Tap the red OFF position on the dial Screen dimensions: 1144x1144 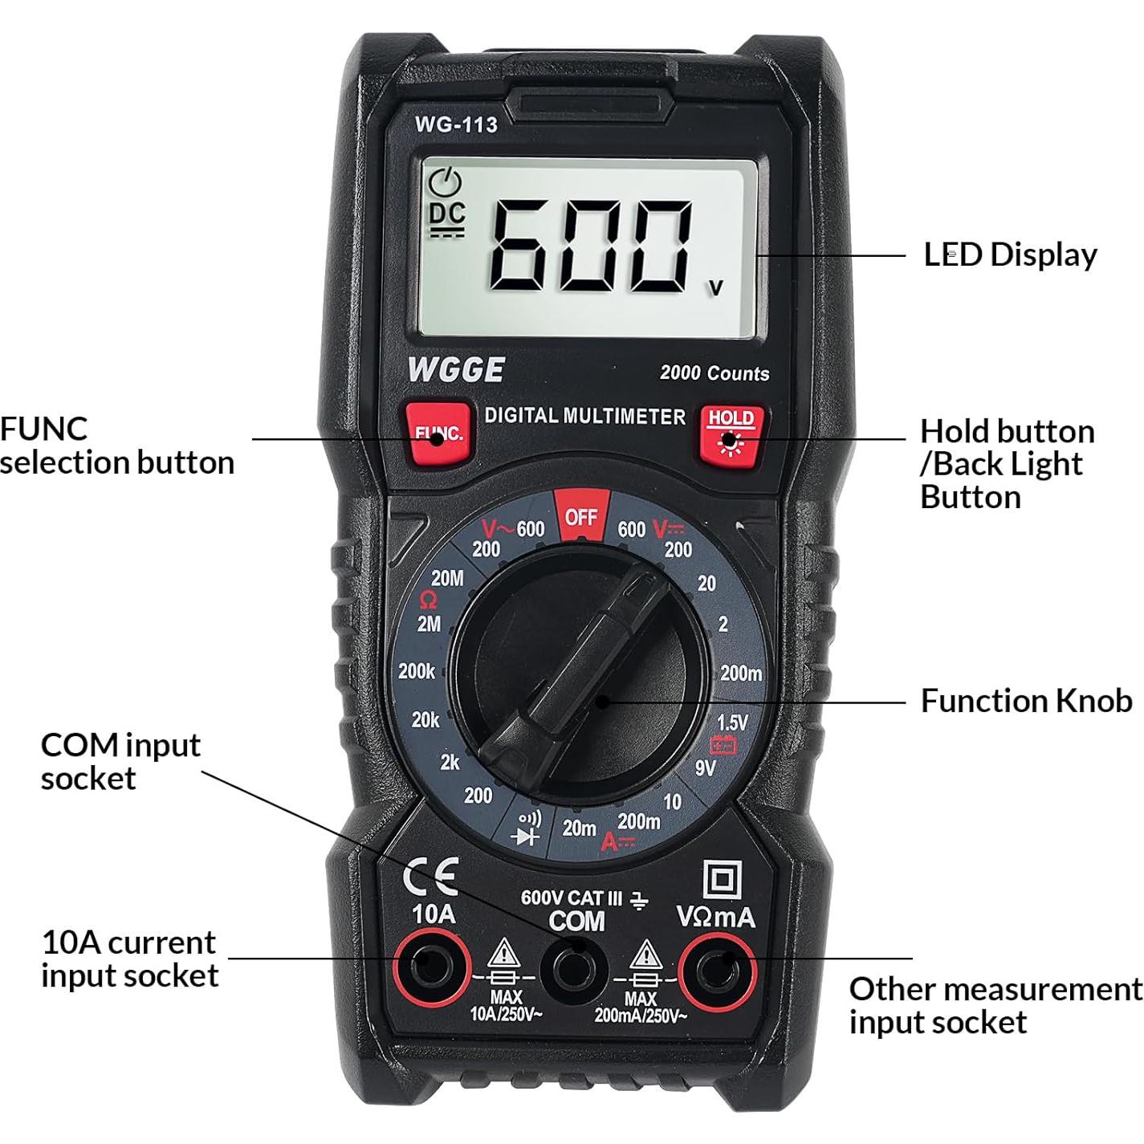click(x=581, y=516)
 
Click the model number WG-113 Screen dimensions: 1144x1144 click(x=456, y=124)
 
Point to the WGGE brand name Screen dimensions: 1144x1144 click(x=456, y=370)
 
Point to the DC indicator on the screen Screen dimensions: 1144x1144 click(x=447, y=214)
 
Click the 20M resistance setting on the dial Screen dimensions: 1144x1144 click(x=447, y=578)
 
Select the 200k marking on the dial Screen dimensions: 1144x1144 click(x=417, y=671)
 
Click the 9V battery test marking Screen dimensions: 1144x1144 click(x=705, y=768)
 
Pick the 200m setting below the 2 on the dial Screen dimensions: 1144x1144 click(x=740, y=674)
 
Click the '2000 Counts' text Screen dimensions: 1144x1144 click(x=714, y=373)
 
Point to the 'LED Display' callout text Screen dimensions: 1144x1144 click(x=1010, y=254)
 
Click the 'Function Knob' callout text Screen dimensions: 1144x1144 click(x=1026, y=701)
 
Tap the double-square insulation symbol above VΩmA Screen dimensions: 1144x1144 click(x=722, y=881)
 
